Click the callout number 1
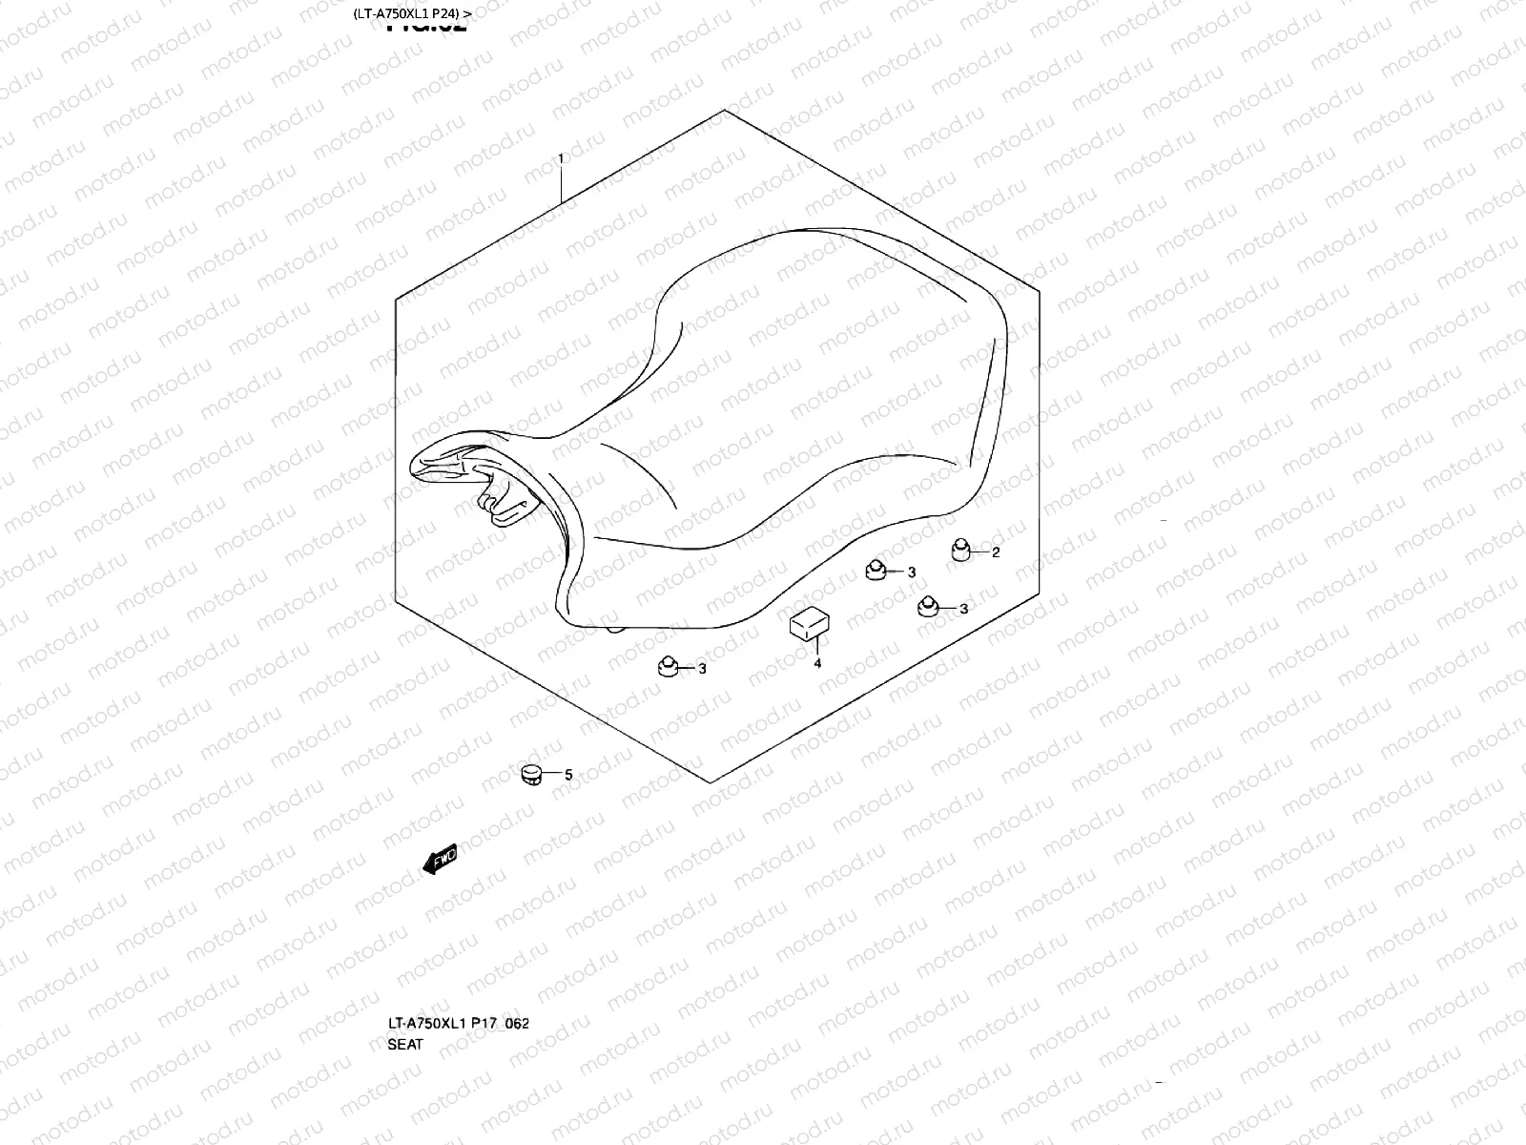click(x=562, y=158)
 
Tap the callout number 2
click(x=996, y=552)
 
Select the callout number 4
click(x=817, y=664)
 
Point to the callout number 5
click(x=568, y=776)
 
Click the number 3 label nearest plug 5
click(x=703, y=669)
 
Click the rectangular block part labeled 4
click(x=807, y=622)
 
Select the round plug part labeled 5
click(x=531, y=774)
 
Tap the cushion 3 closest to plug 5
click(x=668, y=665)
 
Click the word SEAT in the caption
click(x=405, y=1044)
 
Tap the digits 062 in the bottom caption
click(x=518, y=1023)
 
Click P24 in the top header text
click(x=448, y=13)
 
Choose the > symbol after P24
click(x=467, y=13)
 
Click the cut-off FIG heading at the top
click(x=426, y=27)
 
